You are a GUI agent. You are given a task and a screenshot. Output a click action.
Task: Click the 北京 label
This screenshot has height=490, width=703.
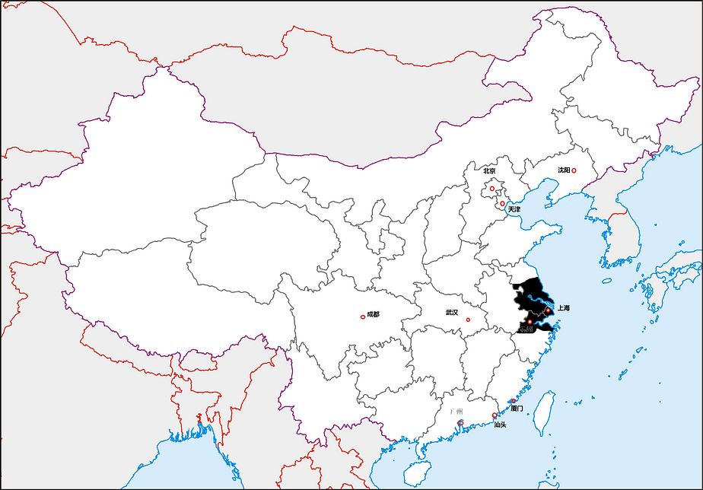pyautogui.click(x=489, y=171)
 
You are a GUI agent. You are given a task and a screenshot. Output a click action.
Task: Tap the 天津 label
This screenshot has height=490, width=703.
pyautogui.click(x=514, y=209)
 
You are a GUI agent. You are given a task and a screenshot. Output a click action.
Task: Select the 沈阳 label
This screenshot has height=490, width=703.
pyautogui.click(x=563, y=170)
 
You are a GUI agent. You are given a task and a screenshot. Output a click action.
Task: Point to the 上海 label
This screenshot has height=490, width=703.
pyautogui.click(x=564, y=308)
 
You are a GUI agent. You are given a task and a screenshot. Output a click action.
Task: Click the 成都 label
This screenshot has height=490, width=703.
pyautogui.click(x=373, y=314)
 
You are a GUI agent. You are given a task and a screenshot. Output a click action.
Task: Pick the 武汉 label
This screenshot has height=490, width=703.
pyautogui.click(x=452, y=312)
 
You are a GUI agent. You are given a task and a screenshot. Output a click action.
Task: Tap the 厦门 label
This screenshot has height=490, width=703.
pyautogui.click(x=517, y=409)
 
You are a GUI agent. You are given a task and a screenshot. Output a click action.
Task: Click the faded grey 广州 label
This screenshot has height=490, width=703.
pyautogui.click(x=456, y=412)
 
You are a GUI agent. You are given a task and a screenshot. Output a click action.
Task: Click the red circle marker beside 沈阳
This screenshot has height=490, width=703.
pyautogui.click(x=574, y=171)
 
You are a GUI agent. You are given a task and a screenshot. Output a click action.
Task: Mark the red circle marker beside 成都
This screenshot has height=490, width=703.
pyautogui.click(x=363, y=317)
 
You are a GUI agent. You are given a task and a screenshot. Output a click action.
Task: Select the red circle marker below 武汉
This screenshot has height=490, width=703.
pyautogui.click(x=468, y=320)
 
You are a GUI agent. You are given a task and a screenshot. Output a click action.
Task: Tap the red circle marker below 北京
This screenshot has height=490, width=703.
pyautogui.click(x=491, y=189)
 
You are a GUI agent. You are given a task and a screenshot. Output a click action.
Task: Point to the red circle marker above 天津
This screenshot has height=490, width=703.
pyautogui.click(x=502, y=203)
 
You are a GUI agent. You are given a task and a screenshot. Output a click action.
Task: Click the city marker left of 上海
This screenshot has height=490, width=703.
pyautogui.click(x=548, y=310)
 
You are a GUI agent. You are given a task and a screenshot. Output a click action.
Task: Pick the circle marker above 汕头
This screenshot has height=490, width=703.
pyautogui.click(x=495, y=415)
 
